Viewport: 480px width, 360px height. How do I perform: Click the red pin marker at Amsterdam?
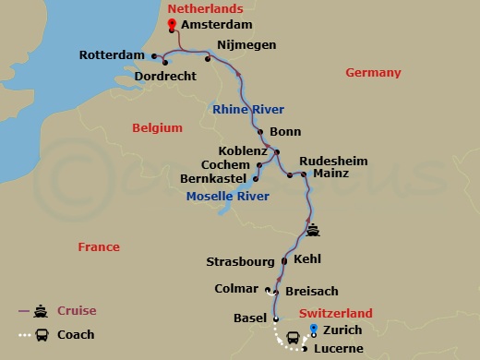tap(173, 25)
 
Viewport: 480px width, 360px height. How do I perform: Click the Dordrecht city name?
tap(167, 76)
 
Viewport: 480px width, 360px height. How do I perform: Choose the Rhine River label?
tap(247, 109)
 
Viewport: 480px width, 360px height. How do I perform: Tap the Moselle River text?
tap(227, 196)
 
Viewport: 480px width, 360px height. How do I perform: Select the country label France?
tap(99, 246)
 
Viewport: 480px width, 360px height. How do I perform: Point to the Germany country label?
tap(373, 73)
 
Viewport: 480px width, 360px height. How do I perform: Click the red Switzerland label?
tap(342, 313)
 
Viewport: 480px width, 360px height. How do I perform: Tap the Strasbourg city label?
tap(242, 261)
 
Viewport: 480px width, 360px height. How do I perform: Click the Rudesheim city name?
tap(332, 161)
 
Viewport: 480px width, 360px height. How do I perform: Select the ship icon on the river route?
tap(314, 230)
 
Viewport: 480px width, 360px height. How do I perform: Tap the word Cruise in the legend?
tap(78, 311)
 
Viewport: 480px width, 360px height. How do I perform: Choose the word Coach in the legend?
tap(76, 335)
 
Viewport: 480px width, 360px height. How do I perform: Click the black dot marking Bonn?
tap(261, 132)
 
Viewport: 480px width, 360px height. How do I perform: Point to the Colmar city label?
tap(237, 289)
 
